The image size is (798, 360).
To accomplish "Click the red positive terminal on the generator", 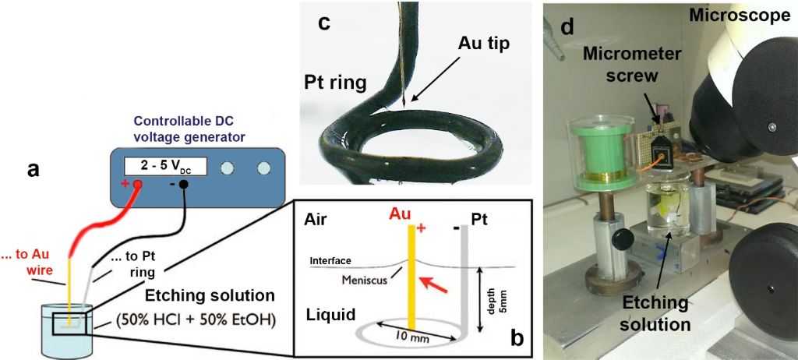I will tap(137, 185).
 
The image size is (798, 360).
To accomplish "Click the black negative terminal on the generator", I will tap(184, 185).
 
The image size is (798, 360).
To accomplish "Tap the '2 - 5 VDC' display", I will tap(164, 168).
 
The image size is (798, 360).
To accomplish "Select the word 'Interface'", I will tap(331, 260).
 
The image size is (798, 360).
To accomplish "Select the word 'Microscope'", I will tap(746, 15).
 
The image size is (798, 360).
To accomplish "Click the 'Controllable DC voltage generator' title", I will tap(185, 129).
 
